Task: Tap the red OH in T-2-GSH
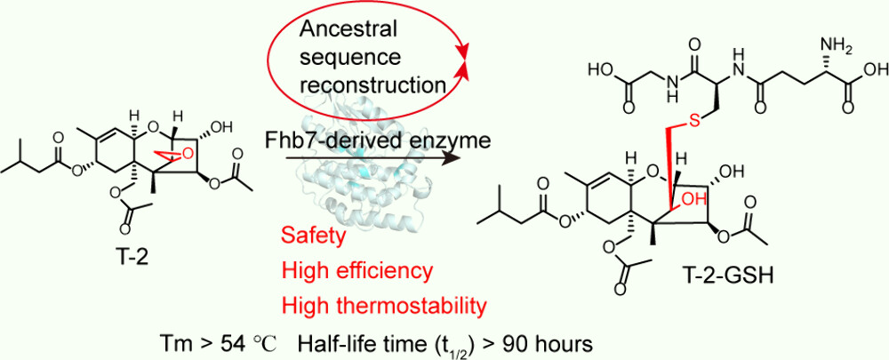(691, 211)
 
